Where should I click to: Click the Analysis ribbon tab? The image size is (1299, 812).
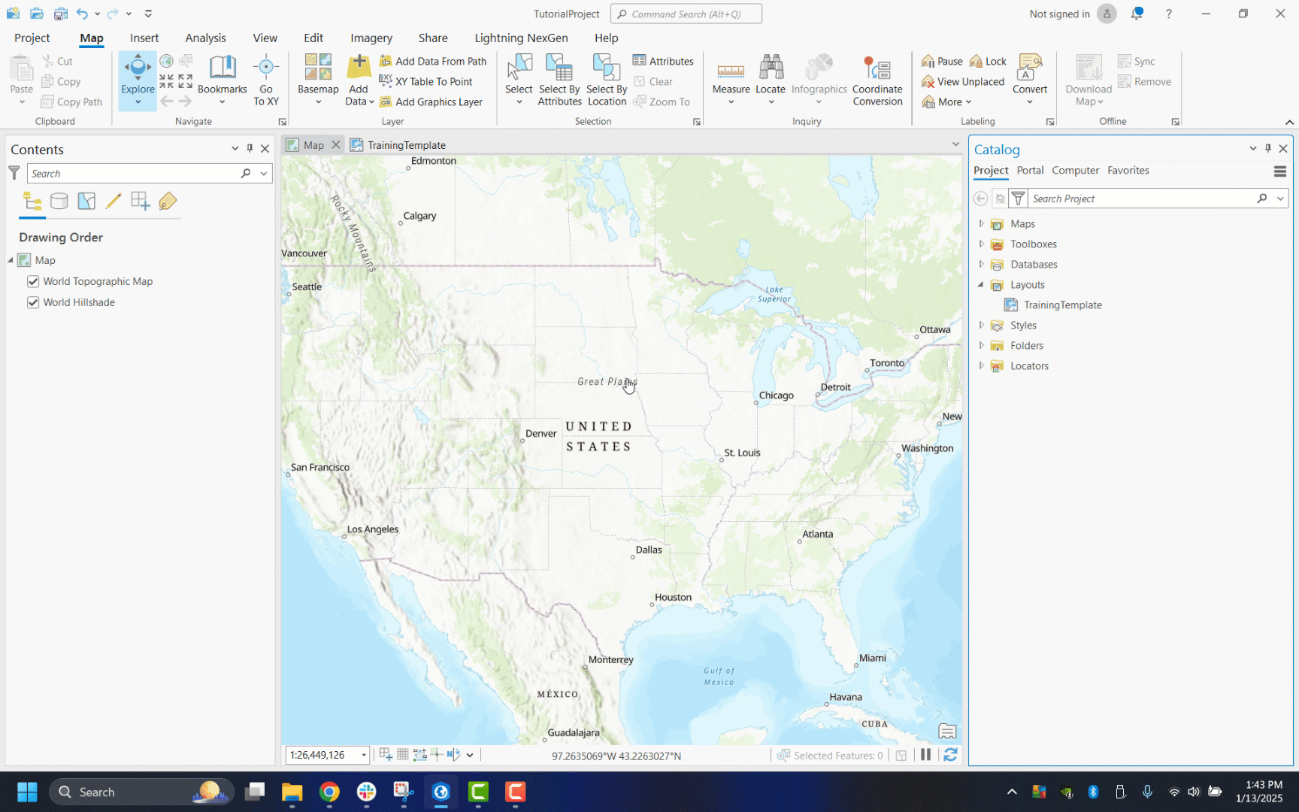(205, 38)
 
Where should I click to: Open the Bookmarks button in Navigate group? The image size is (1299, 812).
(222, 79)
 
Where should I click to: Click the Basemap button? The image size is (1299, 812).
(318, 79)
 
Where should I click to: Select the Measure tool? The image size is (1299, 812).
(731, 79)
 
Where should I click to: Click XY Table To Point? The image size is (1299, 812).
(433, 81)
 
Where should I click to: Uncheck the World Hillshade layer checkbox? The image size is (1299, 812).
(33, 302)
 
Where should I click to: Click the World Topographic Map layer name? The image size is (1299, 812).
(98, 281)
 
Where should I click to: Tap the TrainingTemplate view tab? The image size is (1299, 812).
(406, 145)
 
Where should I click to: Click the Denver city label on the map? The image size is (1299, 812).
(540, 433)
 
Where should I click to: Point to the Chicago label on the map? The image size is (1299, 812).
(776, 395)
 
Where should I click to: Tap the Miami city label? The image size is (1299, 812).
(872, 658)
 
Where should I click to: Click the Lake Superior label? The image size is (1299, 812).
(774, 294)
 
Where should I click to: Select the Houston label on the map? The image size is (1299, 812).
(673, 597)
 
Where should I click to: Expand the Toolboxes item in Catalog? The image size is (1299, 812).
(981, 244)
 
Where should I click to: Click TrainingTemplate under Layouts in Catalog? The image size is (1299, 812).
(1062, 304)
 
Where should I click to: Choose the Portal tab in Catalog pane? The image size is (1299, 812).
(1030, 170)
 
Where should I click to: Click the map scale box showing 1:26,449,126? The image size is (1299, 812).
(322, 755)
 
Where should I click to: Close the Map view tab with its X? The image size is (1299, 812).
(336, 144)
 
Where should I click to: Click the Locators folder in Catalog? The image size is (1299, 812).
(1029, 365)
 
